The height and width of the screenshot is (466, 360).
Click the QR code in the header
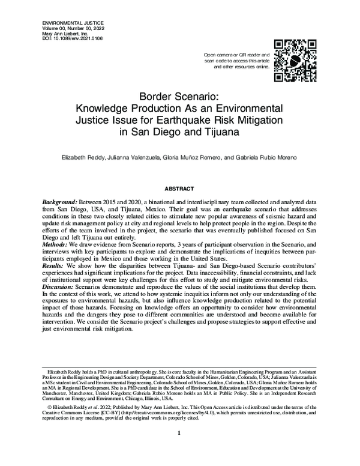pos(295,61)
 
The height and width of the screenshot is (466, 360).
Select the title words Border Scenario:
pos(179,96)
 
